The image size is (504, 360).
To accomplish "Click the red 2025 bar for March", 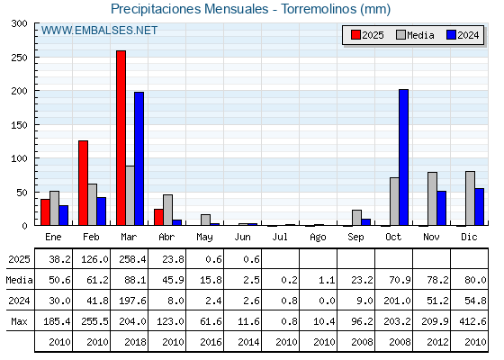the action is pyautogui.click(x=121, y=138).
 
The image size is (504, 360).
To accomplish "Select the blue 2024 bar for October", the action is pyautogui.click(x=403, y=157).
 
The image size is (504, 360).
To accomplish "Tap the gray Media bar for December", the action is pyautogui.click(x=470, y=198).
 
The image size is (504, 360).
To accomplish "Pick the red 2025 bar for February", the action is pyautogui.click(x=83, y=183).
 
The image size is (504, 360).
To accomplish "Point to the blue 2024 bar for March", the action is pyautogui.click(x=139, y=158).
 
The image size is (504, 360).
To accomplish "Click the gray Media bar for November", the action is pyautogui.click(x=432, y=199).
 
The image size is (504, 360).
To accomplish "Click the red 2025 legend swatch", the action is pyautogui.click(x=355, y=35).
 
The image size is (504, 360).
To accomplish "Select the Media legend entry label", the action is pyautogui.click(x=420, y=35).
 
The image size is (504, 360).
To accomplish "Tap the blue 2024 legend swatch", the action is pyautogui.click(x=451, y=35).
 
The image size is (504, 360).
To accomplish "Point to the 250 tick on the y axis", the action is pyautogui.click(x=36, y=58).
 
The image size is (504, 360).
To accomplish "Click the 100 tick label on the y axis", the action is pyautogui.click(x=19, y=158).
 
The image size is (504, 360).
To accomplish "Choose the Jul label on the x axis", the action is pyautogui.click(x=280, y=237).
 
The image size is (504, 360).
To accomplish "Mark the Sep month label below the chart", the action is pyautogui.click(x=355, y=238).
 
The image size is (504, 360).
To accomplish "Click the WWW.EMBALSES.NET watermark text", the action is pyautogui.click(x=99, y=31).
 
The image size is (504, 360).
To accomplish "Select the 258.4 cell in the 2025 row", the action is pyautogui.click(x=132, y=259).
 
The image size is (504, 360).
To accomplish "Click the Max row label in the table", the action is pyautogui.click(x=19, y=321).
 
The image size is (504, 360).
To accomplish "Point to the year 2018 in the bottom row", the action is pyautogui.click(x=135, y=342).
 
